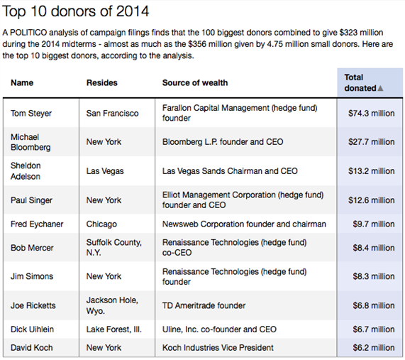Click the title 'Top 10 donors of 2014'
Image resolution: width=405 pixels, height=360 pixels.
(75, 11)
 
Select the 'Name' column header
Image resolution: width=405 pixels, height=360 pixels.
(22, 83)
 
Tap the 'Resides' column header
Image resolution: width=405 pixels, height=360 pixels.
(101, 83)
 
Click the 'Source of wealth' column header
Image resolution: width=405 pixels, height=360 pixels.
(195, 83)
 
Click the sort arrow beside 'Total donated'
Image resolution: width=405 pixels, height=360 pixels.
(380, 89)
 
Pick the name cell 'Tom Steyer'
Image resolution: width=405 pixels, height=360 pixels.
(31, 114)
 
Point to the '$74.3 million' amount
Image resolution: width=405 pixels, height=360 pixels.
(371, 114)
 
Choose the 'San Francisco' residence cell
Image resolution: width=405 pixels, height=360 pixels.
(112, 114)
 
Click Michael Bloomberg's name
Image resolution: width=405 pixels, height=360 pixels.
(30, 142)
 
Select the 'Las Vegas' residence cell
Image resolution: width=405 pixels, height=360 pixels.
(105, 171)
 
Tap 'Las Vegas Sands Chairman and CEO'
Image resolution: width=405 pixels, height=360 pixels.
(230, 171)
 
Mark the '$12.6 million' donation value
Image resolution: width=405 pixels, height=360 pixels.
(371, 200)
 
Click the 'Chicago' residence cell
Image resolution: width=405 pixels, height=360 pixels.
(101, 224)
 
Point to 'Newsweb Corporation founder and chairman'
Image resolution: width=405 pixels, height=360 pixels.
(244, 224)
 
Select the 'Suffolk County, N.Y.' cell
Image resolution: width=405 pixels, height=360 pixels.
(114, 248)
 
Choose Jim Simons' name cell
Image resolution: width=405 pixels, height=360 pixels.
(32, 276)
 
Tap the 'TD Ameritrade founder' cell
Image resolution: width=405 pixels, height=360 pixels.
(204, 305)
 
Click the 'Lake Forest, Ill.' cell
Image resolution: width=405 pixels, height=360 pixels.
(114, 329)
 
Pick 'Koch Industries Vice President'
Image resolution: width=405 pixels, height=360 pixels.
(218, 348)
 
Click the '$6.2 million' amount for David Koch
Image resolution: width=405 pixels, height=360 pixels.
(374, 348)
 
